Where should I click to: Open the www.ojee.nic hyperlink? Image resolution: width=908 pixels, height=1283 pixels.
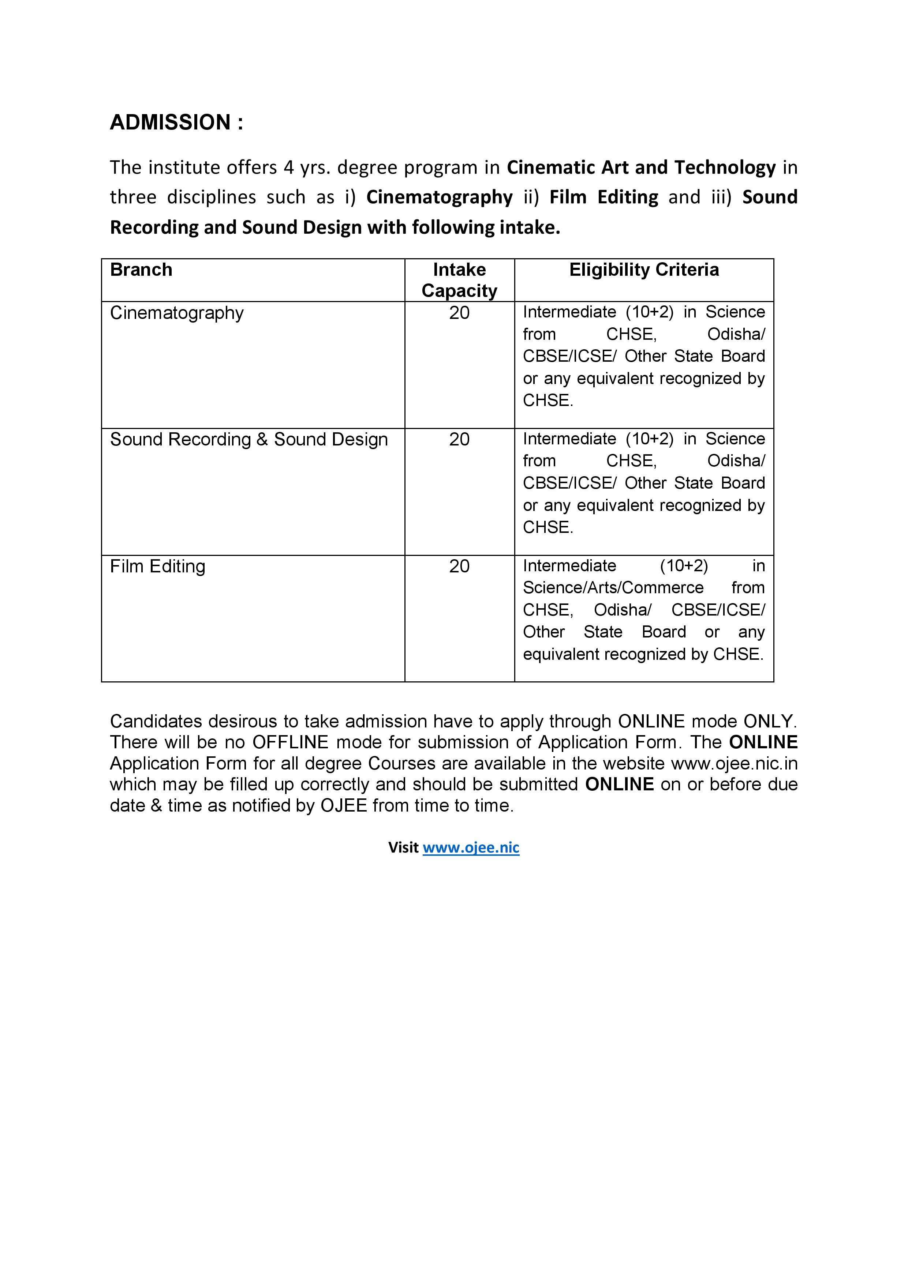pos(471,848)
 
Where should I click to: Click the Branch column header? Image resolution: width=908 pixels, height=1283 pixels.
pos(141,270)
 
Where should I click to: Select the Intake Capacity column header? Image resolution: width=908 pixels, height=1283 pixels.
pos(459,280)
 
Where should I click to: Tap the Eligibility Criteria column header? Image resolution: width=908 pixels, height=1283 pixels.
pos(643,270)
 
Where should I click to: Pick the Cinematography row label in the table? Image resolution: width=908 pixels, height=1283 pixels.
pos(177,313)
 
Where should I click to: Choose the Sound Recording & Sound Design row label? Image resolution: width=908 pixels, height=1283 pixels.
pos(249,440)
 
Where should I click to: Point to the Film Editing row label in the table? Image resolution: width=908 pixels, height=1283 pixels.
pos(158,567)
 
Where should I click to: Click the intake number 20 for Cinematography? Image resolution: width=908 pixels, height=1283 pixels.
pos(459,313)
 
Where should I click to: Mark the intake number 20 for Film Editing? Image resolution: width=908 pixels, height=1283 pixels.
pos(459,567)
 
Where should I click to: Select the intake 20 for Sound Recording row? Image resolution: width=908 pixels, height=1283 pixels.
pos(459,440)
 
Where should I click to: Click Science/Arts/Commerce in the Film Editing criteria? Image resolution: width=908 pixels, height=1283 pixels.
pos(613,588)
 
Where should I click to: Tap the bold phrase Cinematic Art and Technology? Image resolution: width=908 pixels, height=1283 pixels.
pos(641,168)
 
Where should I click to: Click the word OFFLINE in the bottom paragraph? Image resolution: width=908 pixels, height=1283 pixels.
pos(290,743)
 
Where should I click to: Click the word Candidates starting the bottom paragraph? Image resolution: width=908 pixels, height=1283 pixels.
pos(156,721)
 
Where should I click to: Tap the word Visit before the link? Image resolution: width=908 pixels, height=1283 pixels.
pos(403,848)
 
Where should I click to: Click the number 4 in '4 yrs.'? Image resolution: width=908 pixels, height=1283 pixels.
pos(288,168)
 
